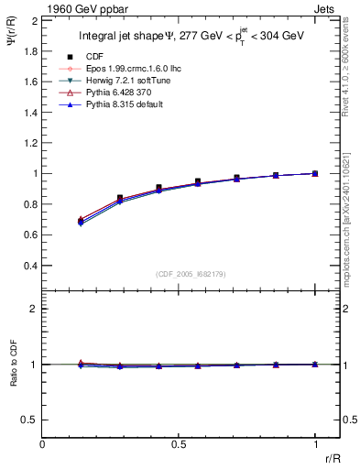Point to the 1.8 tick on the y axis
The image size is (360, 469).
click(x=30, y=50)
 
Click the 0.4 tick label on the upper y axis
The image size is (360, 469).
click(x=30, y=266)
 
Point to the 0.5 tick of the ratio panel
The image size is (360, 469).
click(x=30, y=420)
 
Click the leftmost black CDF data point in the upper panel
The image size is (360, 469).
click(x=82, y=221)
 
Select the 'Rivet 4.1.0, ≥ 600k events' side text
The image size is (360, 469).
click(x=349, y=64)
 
